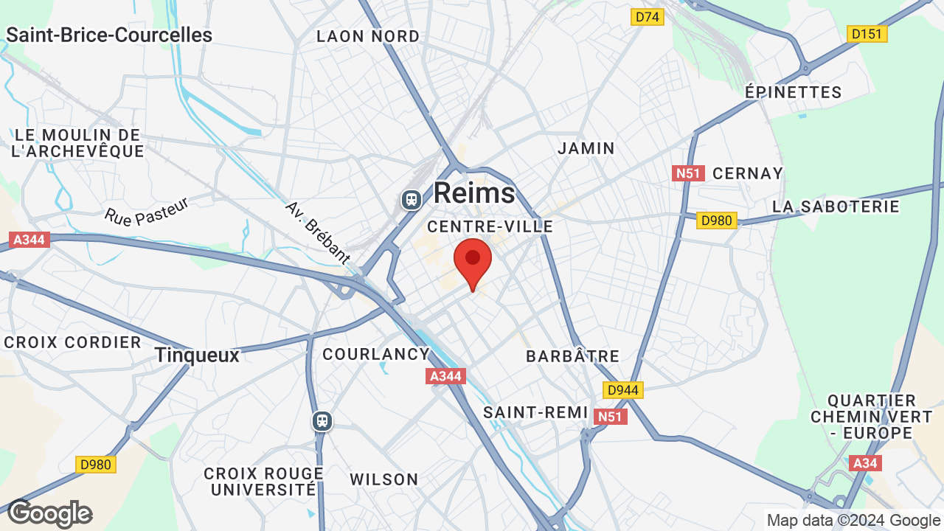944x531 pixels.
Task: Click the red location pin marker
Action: pos(473,261)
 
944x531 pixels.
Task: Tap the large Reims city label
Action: pos(474,193)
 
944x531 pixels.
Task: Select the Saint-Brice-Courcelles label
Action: pos(109,35)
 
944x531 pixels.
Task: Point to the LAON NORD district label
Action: pos(368,36)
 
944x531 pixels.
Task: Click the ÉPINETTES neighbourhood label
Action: pos(793,92)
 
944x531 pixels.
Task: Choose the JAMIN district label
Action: pos(586,148)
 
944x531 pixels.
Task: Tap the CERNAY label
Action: pos(748,173)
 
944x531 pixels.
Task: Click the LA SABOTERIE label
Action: pos(836,206)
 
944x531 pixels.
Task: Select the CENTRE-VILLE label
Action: pos(490,226)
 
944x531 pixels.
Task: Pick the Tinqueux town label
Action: pos(197,355)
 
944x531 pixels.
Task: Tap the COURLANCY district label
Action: pos(376,354)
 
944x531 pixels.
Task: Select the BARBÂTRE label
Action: pos(572,356)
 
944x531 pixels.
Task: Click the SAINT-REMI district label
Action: pos(535,412)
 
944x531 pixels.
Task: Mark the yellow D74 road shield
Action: pos(648,16)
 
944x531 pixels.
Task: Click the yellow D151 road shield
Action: pos(867,34)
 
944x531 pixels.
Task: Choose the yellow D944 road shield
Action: pos(623,390)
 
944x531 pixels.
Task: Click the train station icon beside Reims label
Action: pos(411,199)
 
